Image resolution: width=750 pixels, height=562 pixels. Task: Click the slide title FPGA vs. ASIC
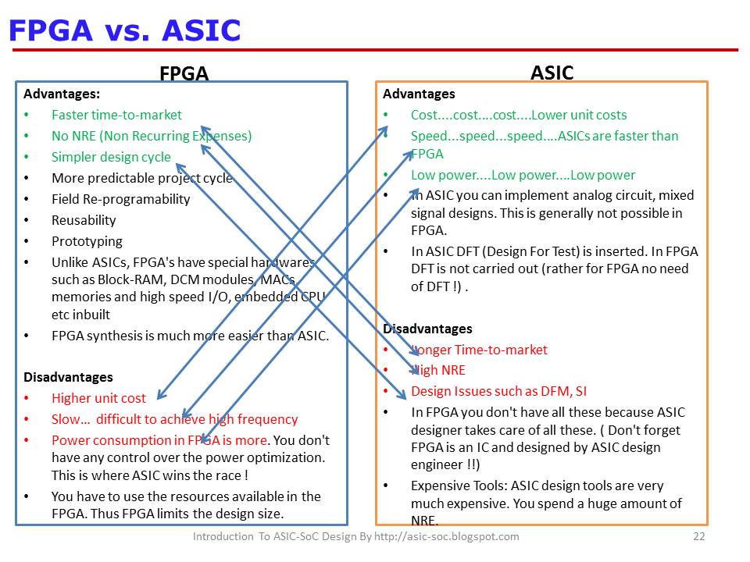point(124,30)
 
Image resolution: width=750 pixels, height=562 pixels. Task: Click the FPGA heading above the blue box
point(184,73)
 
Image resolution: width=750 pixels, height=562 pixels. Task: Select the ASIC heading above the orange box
point(552,73)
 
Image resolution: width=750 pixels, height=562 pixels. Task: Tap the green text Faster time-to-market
point(116,116)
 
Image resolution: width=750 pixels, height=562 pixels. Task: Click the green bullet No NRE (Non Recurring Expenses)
point(152,136)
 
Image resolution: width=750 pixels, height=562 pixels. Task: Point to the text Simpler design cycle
point(111,157)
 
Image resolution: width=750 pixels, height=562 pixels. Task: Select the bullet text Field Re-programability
point(121,199)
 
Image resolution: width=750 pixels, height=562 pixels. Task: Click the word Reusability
point(84,220)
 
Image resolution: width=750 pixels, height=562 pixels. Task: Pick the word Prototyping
point(87,241)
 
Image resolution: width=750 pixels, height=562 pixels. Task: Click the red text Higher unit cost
point(98,398)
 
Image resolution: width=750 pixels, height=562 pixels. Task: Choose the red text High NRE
point(438,370)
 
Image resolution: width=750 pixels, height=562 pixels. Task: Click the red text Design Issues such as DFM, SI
point(499,391)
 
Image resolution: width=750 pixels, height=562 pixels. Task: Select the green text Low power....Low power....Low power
point(523,176)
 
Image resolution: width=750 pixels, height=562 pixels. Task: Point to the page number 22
point(698,537)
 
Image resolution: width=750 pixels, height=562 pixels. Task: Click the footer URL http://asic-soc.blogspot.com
point(446,537)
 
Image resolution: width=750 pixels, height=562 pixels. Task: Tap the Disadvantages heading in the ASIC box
point(427,329)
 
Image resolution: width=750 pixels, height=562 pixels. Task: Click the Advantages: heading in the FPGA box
point(62,94)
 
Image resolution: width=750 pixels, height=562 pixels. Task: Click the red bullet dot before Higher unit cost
point(27,398)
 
